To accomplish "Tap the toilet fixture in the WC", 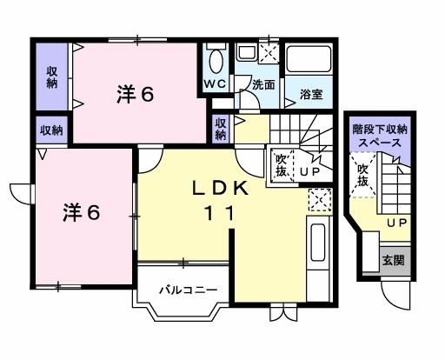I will point(216,59).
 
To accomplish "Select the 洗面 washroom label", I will point(264,85).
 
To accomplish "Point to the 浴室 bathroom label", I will point(311,93).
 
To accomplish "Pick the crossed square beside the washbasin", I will point(269,51).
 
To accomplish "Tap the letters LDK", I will point(222,189).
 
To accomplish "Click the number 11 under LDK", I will point(221,213).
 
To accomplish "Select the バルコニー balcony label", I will point(187,288).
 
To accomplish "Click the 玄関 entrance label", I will point(393,260).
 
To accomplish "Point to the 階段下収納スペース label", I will point(380,135).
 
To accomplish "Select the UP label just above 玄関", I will point(396,224).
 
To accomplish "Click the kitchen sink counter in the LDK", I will point(317,248).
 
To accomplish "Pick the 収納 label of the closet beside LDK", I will point(221,128).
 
